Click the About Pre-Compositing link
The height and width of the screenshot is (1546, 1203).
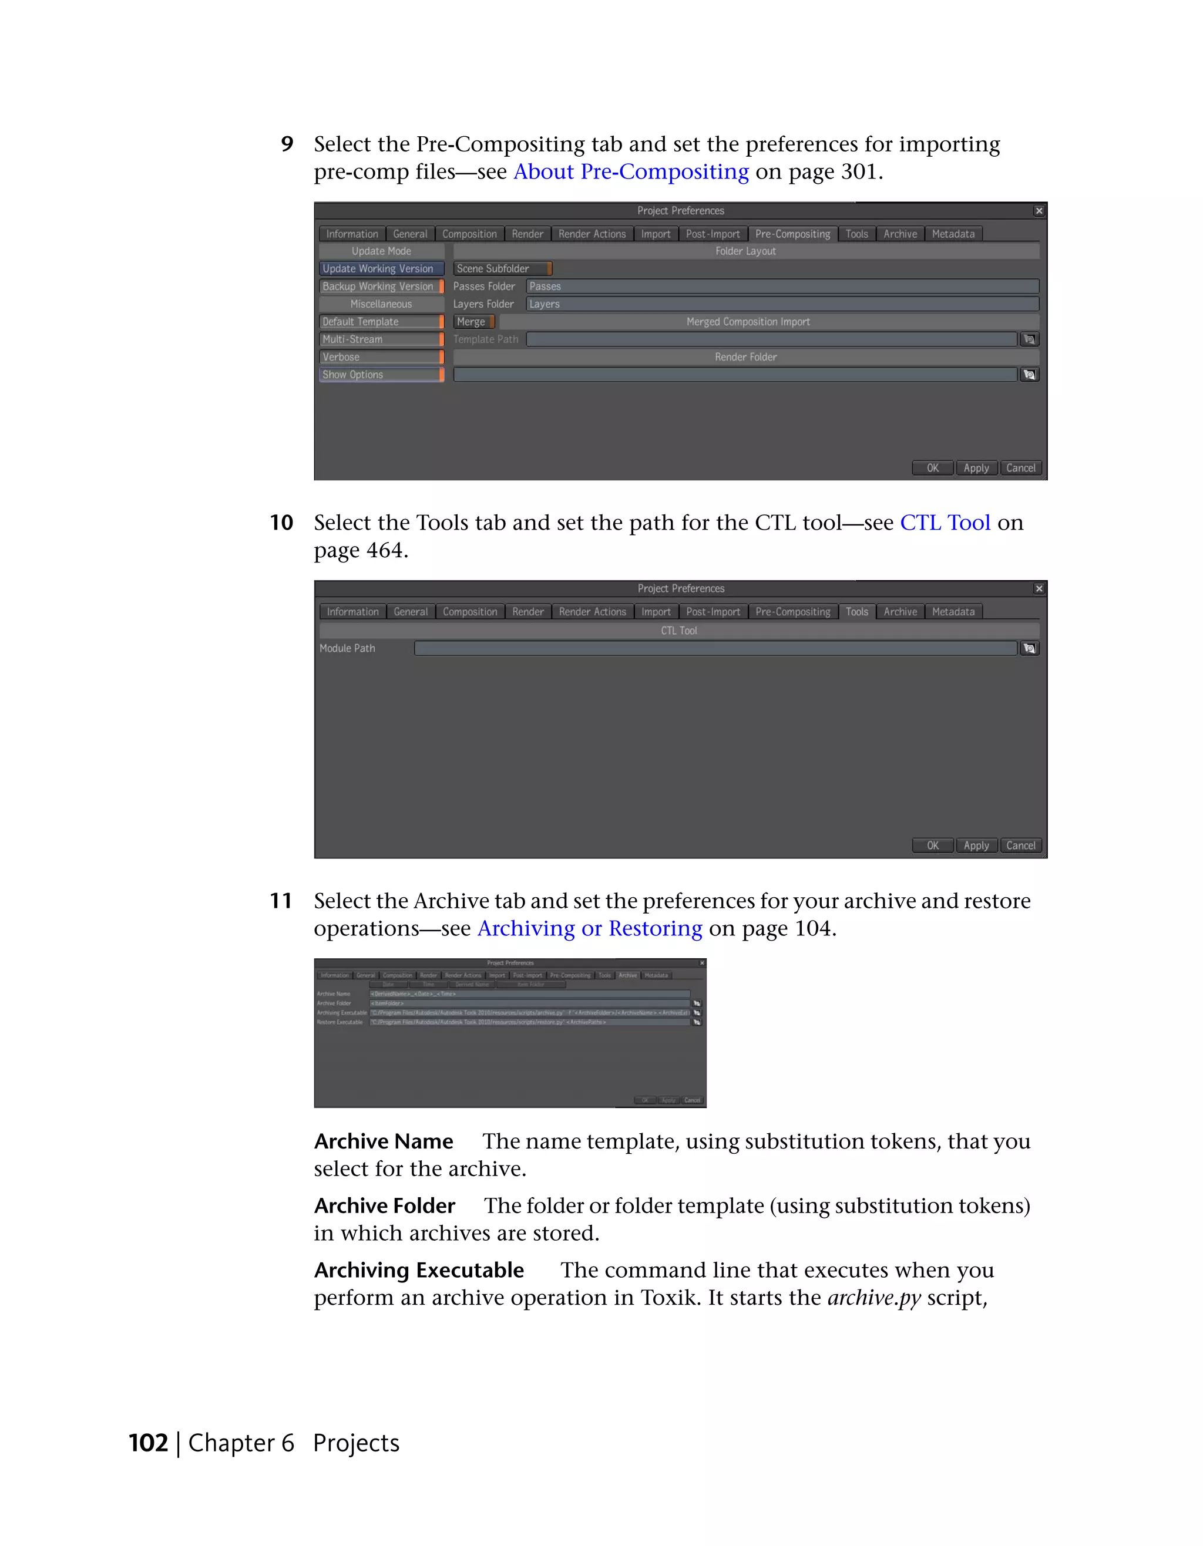[x=631, y=172]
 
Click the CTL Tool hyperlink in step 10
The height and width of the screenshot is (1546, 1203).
[x=945, y=523]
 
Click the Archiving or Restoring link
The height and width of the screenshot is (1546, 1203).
[x=589, y=928]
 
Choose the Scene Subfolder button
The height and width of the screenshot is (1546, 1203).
[x=501, y=269]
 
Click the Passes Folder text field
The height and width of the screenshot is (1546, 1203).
[x=782, y=287]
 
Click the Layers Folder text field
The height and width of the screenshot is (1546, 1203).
[x=782, y=304]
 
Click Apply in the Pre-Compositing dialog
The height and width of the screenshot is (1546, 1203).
[x=976, y=468]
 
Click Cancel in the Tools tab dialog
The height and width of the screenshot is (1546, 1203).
[x=1020, y=845]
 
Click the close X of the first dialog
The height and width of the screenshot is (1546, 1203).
[x=1039, y=211]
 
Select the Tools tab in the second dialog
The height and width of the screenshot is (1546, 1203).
[x=857, y=612]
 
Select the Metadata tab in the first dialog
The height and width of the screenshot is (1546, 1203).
[x=953, y=234]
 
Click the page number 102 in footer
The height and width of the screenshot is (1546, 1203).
[x=148, y=1443]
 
